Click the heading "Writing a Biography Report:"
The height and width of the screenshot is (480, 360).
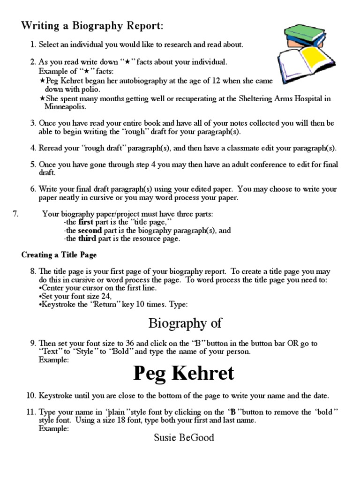92,26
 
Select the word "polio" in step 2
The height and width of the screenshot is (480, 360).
90,89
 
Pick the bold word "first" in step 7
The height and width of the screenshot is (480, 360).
86,222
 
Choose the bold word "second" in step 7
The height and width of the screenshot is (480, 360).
90,230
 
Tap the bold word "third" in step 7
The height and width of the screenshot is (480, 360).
87,239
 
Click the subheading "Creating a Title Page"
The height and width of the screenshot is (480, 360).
59,255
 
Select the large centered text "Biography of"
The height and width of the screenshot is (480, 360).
185,323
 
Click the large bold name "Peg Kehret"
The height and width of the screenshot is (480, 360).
183,373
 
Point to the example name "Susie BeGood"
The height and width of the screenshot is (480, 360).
184,438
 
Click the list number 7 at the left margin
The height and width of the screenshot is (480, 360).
15,214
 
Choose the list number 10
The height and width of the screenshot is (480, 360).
31,396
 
